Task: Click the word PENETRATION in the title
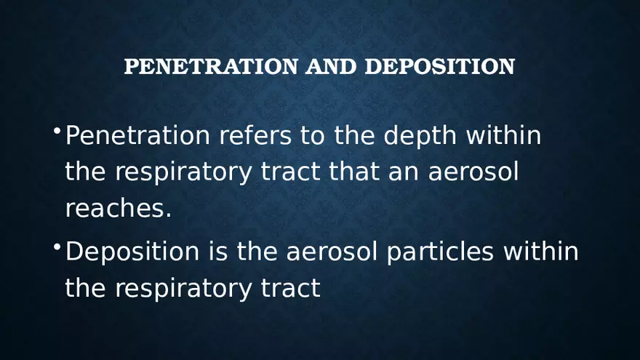211,67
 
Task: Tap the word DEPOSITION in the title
439,67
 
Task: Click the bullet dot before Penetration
56,130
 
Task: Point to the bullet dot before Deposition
56,247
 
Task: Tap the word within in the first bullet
503,135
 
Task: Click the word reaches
119,209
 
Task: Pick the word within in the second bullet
540,252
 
